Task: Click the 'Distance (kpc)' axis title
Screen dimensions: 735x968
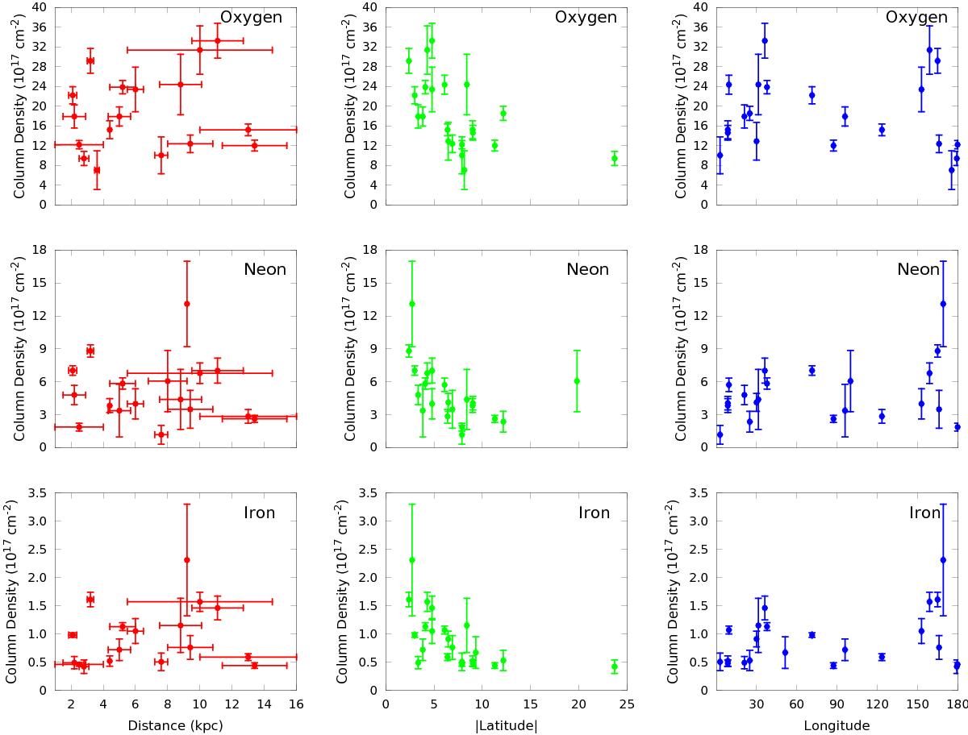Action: tap(175, 725)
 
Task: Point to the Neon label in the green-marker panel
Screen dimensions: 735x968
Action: tap(587, 269)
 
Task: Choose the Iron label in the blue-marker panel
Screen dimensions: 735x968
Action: tap(924, 513)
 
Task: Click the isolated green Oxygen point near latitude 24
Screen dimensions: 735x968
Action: tap(615, 159)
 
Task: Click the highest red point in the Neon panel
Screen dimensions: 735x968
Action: tap(186, 304)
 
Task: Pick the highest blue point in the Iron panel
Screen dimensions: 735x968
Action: tap(943, 559)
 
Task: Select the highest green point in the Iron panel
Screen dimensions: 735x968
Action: tap(411, 559)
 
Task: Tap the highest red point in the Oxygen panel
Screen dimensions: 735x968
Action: tap(217, 40)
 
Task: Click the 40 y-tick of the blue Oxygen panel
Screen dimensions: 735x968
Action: tap(702, 7)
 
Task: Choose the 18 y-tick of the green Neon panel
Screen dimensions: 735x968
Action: tap(371, 250)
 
